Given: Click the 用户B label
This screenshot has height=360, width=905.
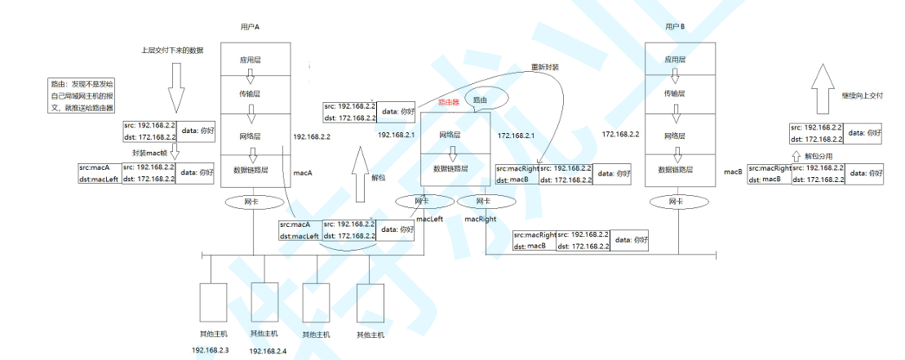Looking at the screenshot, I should coord(675,27).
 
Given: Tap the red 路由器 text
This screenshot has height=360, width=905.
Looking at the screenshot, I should coord(449,103).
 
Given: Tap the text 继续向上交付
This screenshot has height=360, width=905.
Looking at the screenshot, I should coord(863,95).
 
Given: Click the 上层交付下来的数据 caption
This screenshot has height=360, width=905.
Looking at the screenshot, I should coord(171,51).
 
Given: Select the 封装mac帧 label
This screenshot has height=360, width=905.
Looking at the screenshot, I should coord(151,153).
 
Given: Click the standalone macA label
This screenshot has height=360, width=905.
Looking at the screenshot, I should coord(303,173).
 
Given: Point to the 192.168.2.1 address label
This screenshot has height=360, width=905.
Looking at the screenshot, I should coord(397,134).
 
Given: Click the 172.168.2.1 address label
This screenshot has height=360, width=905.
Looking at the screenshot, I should coord(516,136).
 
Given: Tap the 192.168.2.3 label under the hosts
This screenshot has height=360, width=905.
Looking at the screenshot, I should coord(211,349).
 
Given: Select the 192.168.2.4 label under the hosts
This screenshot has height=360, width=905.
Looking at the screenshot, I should coord(267,350).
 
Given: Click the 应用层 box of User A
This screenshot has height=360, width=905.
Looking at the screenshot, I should coord(251,60).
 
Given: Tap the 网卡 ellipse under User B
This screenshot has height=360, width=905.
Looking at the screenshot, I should coord(675,201).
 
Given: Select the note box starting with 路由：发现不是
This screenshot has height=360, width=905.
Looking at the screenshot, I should coord(82,96).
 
